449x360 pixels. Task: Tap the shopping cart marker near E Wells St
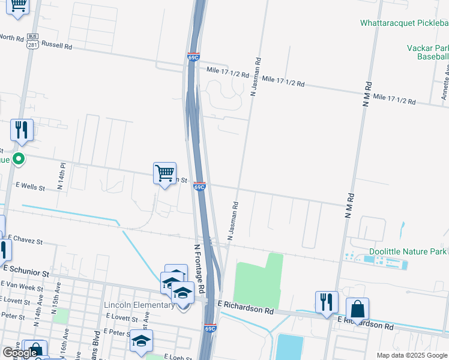[x=164, y=173]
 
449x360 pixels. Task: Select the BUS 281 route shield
[x=33, y=41]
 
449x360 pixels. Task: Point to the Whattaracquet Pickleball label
[x=404, y=23]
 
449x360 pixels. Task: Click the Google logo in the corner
[x=20, y=353]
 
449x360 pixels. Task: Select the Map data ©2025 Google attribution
[x=411, y=355]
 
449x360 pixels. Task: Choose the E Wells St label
[x=30, y=187]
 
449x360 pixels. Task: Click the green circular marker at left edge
[x=19, y=159]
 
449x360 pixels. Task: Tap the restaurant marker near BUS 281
[x=22, y=130]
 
